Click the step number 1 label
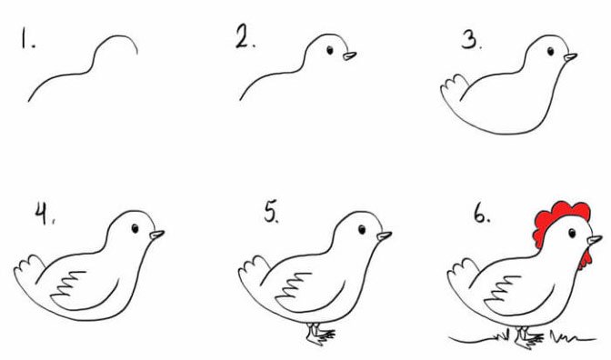[x=27, y=40]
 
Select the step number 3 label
[x=471, y=41]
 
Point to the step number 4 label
[x=45, y=214]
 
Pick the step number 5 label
[x=271, y=213]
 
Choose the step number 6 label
[x=482, y=214]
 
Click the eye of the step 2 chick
[x=330, y=50]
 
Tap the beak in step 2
[x=349, y=56]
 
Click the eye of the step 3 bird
[x=550, y=51]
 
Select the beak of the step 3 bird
[x=570, y=57]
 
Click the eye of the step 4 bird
[x=135, y=228]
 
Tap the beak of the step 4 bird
[x=157, y=235]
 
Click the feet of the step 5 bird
[x=320, y=334]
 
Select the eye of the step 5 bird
[x=362, y=229]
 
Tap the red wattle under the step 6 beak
[x=585, y=259]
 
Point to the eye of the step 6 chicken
[x=572, y=233]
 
